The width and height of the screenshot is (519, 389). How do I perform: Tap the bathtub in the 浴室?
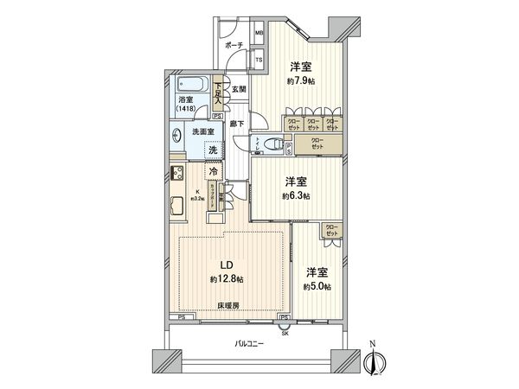point(191,86)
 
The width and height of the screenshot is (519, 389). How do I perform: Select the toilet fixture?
point(272,144)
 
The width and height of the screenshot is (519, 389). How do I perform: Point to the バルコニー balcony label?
point(250,345)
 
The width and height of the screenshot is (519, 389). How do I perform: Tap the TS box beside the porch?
point(259,59)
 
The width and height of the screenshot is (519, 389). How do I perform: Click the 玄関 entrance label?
point(240,89)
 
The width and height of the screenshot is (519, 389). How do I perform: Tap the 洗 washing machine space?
point(213,150)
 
